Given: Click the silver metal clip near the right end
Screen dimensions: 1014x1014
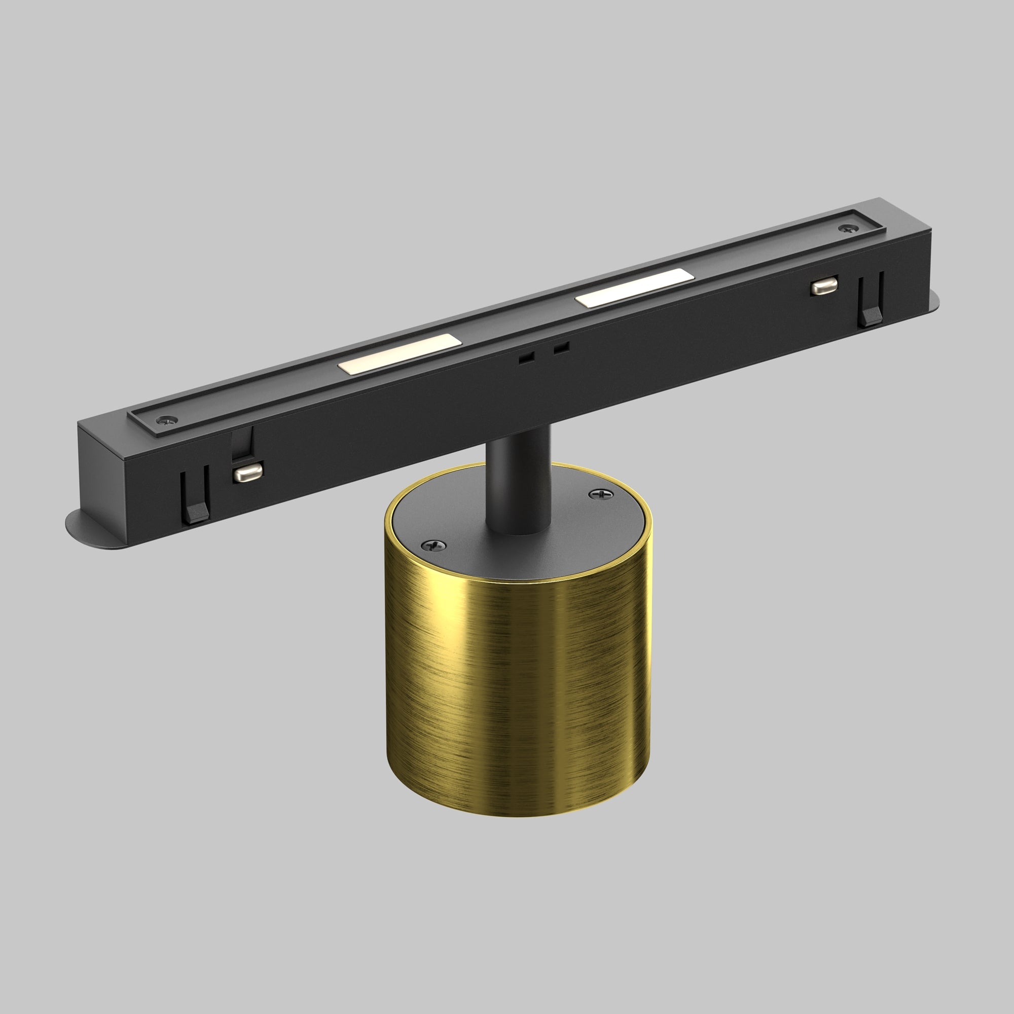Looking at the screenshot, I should coord(823,286).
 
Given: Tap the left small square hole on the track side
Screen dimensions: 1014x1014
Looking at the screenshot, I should coord(526,358).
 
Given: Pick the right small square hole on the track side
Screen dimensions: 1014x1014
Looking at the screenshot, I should coord(561,347).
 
